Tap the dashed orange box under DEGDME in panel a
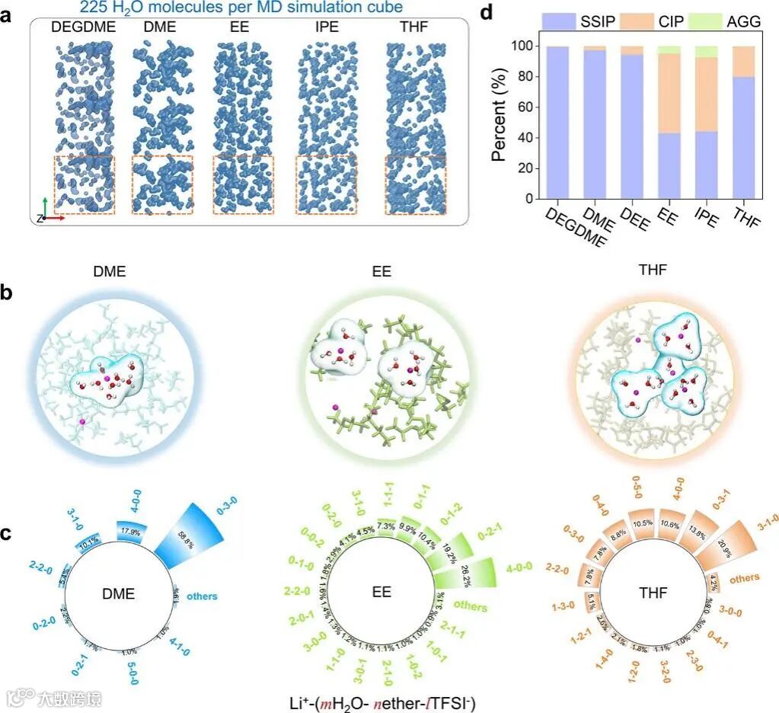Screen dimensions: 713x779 84,185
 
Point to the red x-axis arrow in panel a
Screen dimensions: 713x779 55,218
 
